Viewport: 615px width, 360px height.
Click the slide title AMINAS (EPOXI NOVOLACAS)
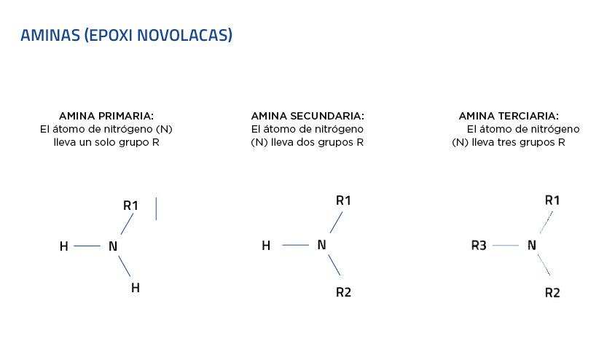click(x=126, y=35)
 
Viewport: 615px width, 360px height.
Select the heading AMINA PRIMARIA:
click(x=106, y=116)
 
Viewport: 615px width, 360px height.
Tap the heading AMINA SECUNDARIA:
click(x=307, y=116)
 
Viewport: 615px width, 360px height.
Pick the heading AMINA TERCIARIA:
click(x=509, y=116)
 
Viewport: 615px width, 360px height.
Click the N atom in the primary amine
click(x=113, y=246)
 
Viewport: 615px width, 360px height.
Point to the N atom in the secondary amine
click(x=321, y=245)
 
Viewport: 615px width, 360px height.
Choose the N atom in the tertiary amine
click(x=531, y=246)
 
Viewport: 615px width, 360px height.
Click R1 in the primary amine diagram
click(x=130, y=206)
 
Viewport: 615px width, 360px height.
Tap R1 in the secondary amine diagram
click(x=343, y=200)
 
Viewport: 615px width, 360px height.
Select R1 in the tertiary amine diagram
click(x=552, y=200)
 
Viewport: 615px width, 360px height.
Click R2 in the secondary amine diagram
click(x=343, y=292)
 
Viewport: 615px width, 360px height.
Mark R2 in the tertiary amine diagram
click(x=552, y=293)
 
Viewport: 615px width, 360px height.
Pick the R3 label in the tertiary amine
click(x=479, y=246)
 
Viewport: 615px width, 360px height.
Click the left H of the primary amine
click(x=64, y=246)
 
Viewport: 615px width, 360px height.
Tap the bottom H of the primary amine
click(x=135, y=288)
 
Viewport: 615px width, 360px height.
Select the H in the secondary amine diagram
click(x=266, y=246)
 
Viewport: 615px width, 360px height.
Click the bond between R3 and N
click(x=506, y=246)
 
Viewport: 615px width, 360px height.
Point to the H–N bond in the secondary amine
click(x=295, y=245)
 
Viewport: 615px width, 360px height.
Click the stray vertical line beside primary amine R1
click(x=156, y=208)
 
